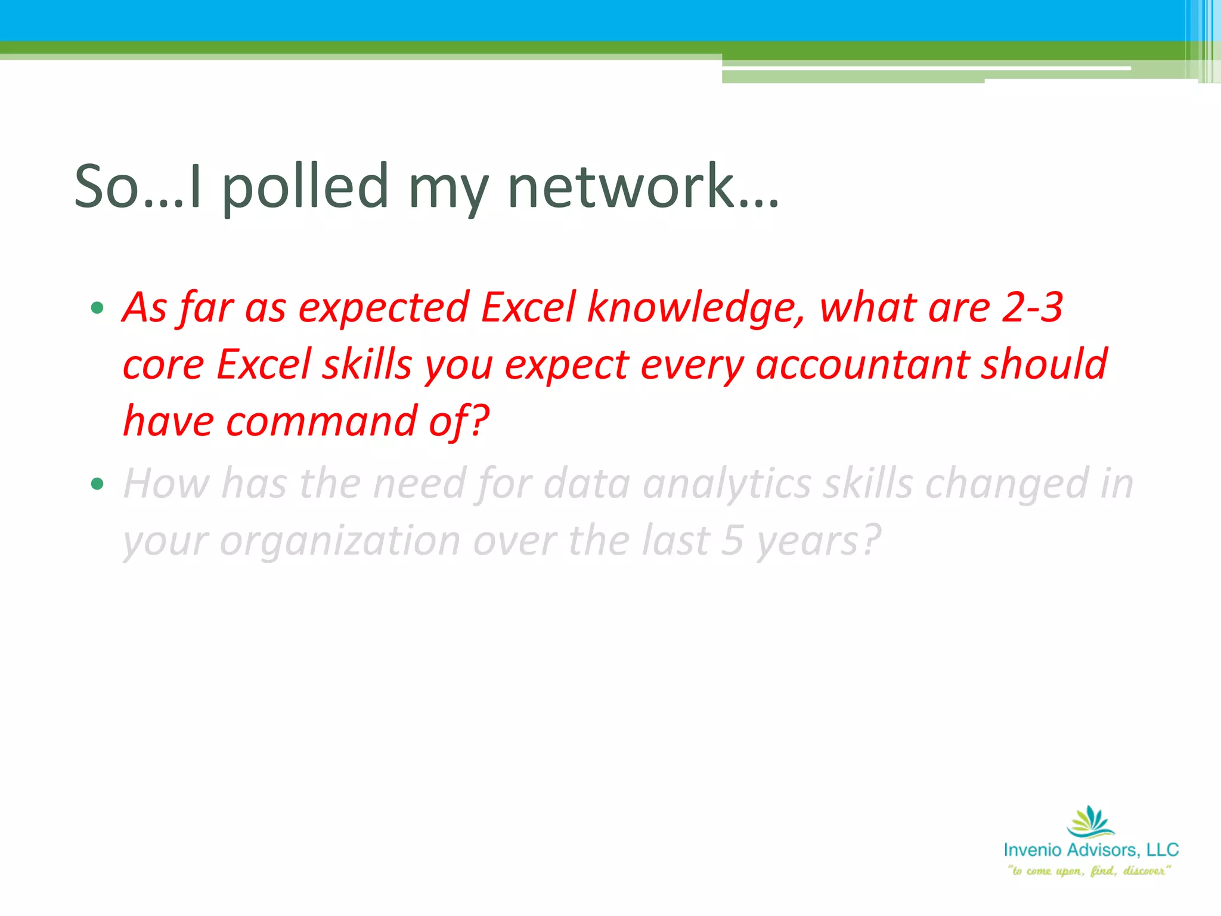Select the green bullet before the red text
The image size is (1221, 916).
pos(97,308)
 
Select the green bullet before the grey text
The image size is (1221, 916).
pos(97,484)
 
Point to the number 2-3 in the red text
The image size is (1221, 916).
pos(1032,308)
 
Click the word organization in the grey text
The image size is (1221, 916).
pos(340,541)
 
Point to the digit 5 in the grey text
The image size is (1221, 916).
pos(732,541)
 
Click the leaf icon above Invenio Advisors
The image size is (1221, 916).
pos(1090,822)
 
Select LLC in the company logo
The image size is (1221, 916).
pos(1163,850)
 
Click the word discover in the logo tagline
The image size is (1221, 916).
pos(1145,871)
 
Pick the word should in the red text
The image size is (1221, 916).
pos(1045,365)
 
